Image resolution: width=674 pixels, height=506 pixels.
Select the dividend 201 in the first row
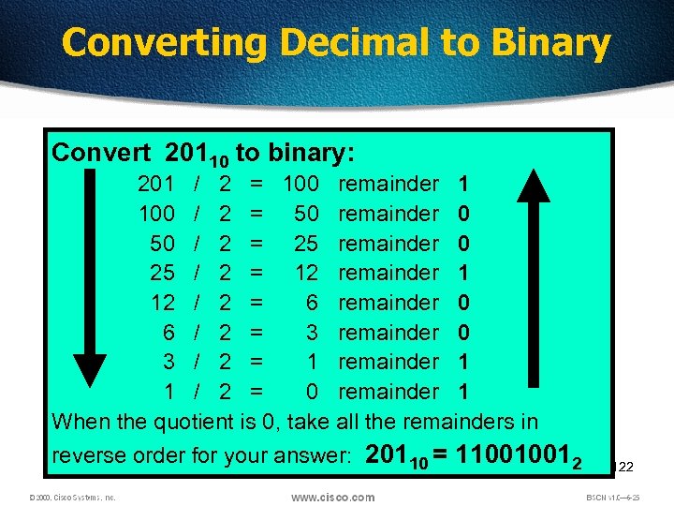[x=156, y=184]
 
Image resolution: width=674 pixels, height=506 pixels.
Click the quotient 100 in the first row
[x=300, y=184]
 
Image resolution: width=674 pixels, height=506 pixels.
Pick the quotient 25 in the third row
[x=306, y=244]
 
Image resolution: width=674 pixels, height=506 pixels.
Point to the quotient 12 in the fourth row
[x=306, y=273]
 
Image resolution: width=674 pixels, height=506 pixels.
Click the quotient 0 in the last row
[x=313, y=391]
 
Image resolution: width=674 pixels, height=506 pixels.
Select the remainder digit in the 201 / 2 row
[x=463, y=184]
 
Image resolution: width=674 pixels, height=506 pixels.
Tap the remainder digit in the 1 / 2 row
[x=463, y=391]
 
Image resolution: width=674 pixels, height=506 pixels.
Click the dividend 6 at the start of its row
[x=168, y=332]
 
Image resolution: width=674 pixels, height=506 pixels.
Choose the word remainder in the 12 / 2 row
[x=388, y=303]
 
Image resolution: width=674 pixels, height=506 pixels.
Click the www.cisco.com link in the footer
[x=332, y=497]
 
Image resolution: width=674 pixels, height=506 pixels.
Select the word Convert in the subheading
[x=102, y=152]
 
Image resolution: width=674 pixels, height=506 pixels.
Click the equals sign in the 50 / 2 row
[x=256, y=244]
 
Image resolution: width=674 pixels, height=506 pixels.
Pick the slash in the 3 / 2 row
[x=198, y=362]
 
